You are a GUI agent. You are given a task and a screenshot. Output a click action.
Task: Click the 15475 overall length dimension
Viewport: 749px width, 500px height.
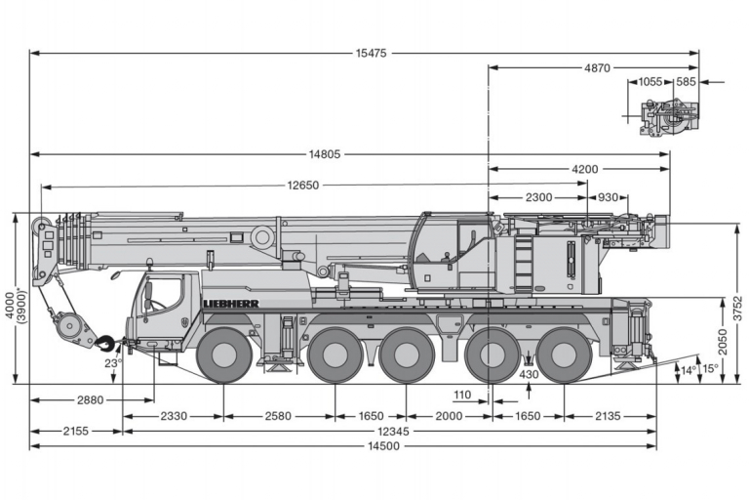[x=371, y=53]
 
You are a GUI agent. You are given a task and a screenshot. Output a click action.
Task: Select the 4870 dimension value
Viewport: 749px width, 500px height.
[x=597, y=68]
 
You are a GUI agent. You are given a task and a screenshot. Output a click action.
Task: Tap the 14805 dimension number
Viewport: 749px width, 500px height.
[x=325, y=154]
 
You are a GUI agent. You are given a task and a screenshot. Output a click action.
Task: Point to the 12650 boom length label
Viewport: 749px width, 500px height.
[x=303, y=186]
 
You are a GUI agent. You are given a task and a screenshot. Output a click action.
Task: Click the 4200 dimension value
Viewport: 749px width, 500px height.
[x=585, y=169]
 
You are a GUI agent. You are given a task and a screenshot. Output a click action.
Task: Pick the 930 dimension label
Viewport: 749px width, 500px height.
[x=608, y=197]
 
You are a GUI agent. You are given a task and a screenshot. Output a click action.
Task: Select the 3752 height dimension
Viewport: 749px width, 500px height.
[x=738, y=309]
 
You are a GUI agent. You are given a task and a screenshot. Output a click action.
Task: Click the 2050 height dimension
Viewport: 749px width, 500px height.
[x=723, y=342]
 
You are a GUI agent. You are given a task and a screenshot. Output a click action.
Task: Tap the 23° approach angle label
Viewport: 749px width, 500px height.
[x=112, y=363]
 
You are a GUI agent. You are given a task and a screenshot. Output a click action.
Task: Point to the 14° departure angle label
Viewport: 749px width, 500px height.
[x=688, y=370]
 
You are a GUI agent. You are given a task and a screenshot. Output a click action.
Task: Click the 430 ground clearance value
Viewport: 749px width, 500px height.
[x=529, y=374]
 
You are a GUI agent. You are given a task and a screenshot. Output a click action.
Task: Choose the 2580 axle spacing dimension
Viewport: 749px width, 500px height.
[x=278, y=416]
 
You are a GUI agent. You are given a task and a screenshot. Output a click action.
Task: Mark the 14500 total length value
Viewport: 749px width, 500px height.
[x=383, y=446]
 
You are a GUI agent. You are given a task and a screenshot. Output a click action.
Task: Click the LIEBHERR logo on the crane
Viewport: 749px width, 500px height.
[x=231, y=304]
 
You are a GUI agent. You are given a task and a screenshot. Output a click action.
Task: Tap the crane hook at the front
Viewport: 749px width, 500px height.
[x=106, y=342]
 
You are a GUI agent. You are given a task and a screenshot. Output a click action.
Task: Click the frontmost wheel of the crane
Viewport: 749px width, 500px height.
[x=224, y=355]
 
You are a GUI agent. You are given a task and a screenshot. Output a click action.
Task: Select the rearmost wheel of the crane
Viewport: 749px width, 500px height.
[x=564, y=355]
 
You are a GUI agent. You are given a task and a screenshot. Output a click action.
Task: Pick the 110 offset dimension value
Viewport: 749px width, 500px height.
[x=462, y=395]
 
